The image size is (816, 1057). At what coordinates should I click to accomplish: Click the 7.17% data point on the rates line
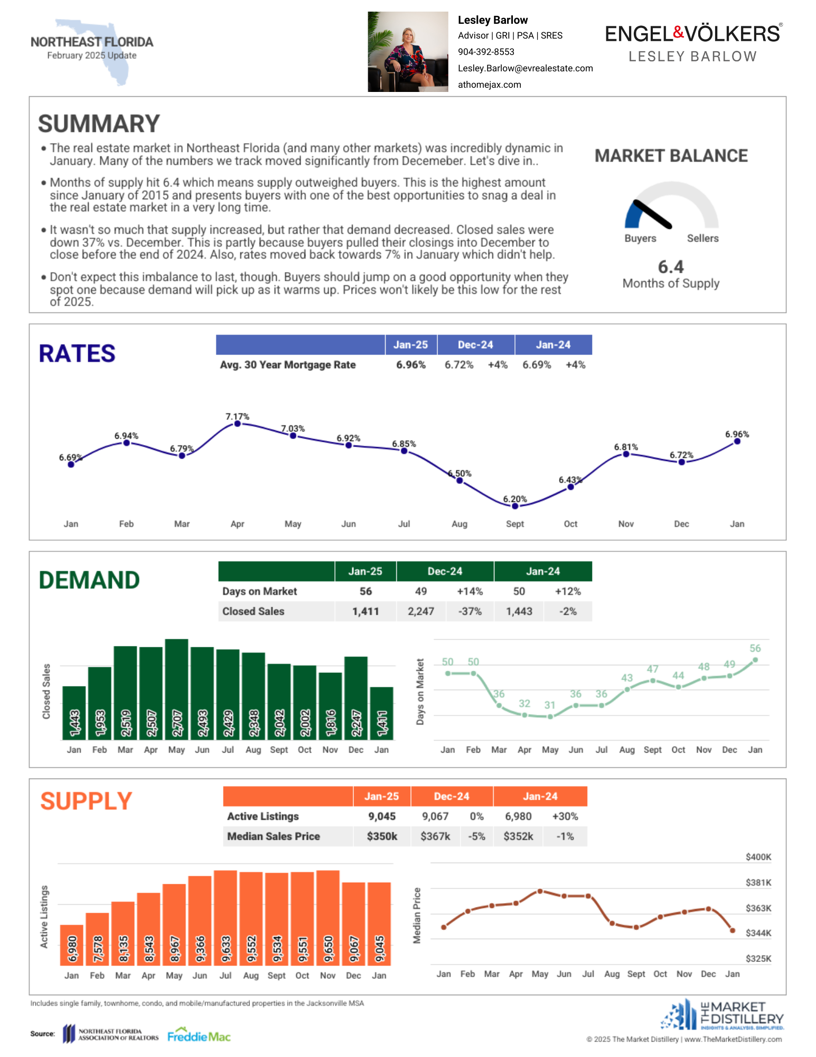[x=238, y=423]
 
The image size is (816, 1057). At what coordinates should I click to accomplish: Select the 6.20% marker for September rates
[x=515, y=506]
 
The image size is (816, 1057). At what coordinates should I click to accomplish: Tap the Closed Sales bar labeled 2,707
[x=176, y=689]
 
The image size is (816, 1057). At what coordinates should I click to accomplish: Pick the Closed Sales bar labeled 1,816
[x=331, y=706]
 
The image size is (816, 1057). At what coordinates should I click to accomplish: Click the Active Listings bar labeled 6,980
[x=72, y=945]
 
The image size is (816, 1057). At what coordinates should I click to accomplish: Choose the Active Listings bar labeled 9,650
[x=328, y=918]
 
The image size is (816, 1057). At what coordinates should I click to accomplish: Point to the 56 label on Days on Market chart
[x=755, y=648]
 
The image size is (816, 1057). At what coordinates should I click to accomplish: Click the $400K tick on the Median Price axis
[x=758, y=857]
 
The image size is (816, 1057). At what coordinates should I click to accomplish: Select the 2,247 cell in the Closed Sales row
[x=421, y=611]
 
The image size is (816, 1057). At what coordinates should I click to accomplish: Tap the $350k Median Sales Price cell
[x=382, y=836]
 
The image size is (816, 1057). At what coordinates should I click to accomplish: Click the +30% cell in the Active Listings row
[x=565, y=817]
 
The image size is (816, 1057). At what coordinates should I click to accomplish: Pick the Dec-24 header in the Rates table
[x=475, y=345]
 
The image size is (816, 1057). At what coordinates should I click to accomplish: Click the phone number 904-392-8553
[x=486, y=52]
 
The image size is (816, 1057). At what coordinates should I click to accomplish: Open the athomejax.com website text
[x=490, y=85]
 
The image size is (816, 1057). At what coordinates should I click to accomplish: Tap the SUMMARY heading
[x=99, y=124]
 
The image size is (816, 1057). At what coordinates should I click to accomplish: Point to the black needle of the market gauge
[x=652, y=214]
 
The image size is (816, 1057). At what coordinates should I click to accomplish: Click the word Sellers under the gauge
[x=702, y=238]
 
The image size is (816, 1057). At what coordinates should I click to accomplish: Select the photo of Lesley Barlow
[x=408, y=52]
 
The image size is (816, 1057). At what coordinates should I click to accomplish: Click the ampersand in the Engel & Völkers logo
[x=678, y=33]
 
